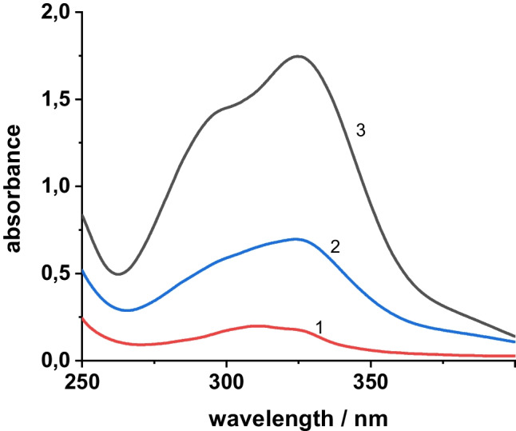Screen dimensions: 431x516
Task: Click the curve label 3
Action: tap(361, 131)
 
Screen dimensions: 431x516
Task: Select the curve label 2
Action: tap(336, 247)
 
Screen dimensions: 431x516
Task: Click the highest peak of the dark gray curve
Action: tap(299, 56)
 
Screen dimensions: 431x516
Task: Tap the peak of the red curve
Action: tap(257, 325)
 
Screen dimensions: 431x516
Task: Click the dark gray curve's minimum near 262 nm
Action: tap(118, 274)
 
